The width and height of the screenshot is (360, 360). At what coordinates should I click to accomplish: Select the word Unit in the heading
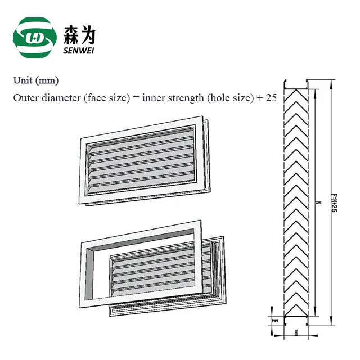pos(22,80)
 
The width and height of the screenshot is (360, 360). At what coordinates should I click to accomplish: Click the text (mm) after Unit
pos(47,80)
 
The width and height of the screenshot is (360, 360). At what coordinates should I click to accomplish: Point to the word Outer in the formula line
pos(25,98)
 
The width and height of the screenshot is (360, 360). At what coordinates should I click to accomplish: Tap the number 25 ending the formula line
pos(271,98)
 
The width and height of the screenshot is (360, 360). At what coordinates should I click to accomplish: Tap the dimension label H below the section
pos(296,332)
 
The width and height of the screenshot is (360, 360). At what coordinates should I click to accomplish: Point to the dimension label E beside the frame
pos(274,320)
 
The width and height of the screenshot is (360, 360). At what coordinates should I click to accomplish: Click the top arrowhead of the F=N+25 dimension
pos(330,84)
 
